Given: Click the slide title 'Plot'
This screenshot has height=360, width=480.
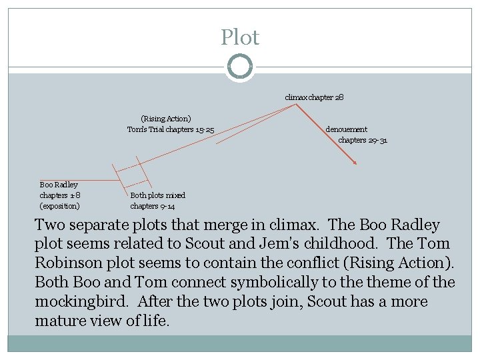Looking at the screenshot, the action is click(240, 37).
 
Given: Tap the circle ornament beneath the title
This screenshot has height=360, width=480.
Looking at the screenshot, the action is click(240, 67).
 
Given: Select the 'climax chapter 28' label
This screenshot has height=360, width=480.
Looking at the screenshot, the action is click(314, 97).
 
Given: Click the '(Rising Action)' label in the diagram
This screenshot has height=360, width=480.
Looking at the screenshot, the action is click(165, 119).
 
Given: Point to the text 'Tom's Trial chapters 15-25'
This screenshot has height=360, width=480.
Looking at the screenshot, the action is click(170, 129).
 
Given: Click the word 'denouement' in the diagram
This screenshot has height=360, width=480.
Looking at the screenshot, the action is click(346, 129).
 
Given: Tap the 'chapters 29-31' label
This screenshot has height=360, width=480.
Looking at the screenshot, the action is click(363, 140).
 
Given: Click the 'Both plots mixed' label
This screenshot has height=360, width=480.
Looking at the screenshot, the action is click(157, 195).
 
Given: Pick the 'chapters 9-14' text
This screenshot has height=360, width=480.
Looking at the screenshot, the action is click(153, 206).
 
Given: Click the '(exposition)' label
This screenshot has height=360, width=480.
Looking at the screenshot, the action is click(60, 206).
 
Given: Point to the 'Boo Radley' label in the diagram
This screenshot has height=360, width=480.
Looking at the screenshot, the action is click(59, 185).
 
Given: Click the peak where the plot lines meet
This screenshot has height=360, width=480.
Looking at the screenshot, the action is click(295, 105).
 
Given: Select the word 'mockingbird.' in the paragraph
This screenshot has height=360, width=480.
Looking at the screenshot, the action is click(79, 302).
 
